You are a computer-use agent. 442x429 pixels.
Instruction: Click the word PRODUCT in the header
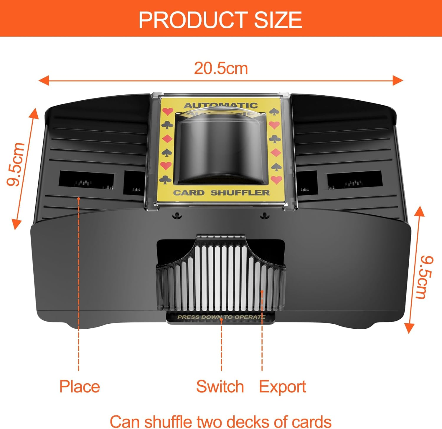point(193,20)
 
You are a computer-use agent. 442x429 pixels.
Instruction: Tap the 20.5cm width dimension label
point(221,68)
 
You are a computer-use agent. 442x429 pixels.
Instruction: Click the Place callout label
point(80,386)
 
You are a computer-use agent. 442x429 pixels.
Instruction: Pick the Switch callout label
point(220,386)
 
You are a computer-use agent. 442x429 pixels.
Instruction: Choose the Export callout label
point(282,387)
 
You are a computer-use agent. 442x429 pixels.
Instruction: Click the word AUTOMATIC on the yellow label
point(221,105)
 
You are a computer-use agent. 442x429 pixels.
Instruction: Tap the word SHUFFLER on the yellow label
point(240,193)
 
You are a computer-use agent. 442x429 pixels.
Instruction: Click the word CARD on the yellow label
point(189,193)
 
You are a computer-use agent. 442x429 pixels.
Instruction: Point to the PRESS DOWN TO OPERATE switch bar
point(221,317)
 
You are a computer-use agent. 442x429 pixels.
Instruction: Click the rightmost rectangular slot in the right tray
point(355,180)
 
